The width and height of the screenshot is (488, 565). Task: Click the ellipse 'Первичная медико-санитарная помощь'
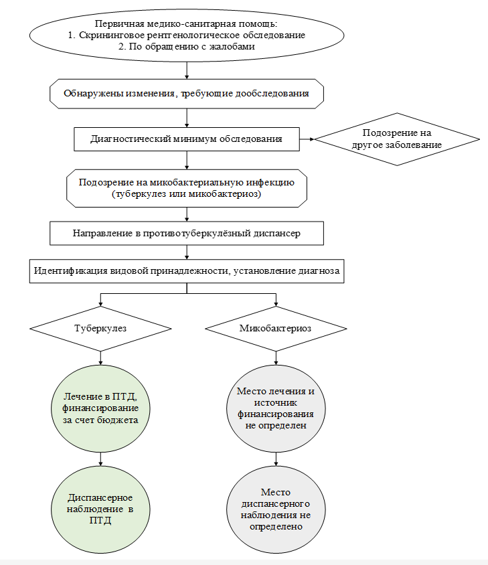click(x=187, y=35)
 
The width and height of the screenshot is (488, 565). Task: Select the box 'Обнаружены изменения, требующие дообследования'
click(x=187, y=94)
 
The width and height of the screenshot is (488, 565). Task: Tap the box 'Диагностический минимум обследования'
click(x=187, y=139)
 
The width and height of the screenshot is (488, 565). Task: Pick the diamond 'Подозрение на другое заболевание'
click(x=397, y=139)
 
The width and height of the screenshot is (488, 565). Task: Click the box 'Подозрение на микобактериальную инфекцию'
click(x=187, y=188)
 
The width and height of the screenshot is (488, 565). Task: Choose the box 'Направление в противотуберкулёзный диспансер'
click(x=187, y=234)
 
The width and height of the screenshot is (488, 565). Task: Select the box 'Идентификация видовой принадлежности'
click(x=187, y=271)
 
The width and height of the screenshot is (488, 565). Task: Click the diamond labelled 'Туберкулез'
click(x=100, y=329)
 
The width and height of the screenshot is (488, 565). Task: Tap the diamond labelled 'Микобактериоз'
click(x=276, y=329)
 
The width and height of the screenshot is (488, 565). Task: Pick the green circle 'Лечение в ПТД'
click(x=100, y=408)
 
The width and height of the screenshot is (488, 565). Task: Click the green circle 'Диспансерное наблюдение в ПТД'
click(x=100, y=509)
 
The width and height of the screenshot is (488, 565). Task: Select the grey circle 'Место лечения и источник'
click(x=276, y=408)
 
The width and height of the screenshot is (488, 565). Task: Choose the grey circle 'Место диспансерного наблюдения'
click(x=276, y=509)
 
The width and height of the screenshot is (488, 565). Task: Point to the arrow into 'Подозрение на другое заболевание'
click(x=307, y=139)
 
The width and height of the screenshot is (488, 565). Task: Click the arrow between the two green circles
click(x=100, y=459)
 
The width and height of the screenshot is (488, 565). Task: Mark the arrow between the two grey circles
click(x=276, y=459)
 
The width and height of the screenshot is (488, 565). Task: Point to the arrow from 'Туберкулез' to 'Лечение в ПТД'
click(x=100, y=358)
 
